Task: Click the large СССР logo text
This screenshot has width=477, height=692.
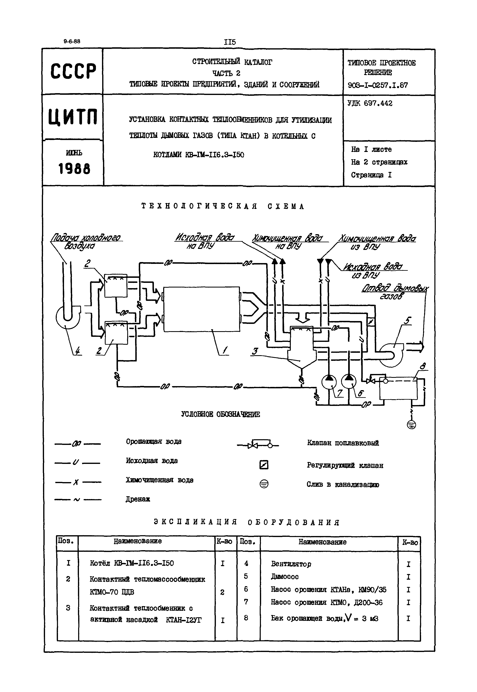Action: pos(73,71)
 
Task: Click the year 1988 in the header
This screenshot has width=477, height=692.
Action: pos(74,169)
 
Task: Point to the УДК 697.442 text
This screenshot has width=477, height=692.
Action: pos(370,103)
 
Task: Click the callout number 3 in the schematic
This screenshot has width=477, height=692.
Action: pos(255,351)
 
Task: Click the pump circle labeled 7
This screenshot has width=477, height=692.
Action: pos(329,382)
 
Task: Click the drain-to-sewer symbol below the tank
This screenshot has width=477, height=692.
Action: pos(412,425)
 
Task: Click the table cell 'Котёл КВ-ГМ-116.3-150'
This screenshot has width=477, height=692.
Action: pos(131,563)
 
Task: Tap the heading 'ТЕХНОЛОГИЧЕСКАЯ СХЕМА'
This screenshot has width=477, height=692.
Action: pos(223,206)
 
